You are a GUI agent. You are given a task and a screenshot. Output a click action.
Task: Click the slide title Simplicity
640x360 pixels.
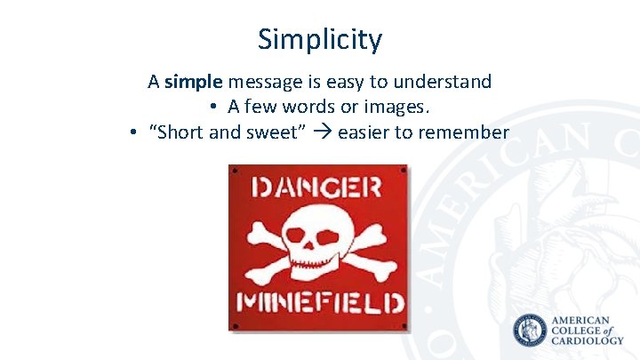(320, 39)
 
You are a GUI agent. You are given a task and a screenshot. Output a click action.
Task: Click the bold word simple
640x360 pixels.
(194, 83)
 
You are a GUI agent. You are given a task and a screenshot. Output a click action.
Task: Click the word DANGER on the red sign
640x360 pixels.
(317, 188)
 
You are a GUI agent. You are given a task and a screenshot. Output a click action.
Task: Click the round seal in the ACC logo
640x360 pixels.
(531, 331)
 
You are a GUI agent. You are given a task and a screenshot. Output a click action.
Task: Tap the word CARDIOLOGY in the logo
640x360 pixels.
(588, 341)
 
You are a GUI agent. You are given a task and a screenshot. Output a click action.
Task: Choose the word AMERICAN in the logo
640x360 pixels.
(581, 320)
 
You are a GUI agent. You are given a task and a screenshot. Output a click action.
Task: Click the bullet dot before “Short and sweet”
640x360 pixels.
(131, 133)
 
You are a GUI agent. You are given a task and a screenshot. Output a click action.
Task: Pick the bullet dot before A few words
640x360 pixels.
(214, 108)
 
